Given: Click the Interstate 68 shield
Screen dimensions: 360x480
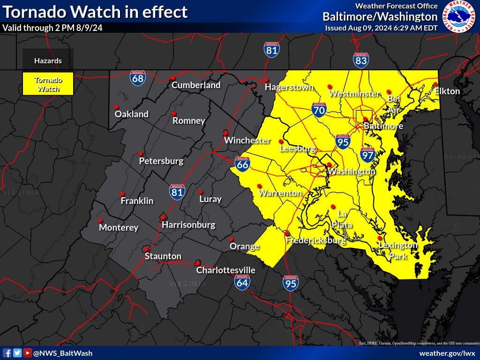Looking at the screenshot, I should click(138, 78).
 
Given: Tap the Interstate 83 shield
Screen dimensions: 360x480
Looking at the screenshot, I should click(361, 60).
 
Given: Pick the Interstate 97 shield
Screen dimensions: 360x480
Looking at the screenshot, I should click(367, 154).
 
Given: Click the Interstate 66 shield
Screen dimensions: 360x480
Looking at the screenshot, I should click(242, 164).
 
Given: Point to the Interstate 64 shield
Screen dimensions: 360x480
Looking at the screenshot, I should click(242, 281).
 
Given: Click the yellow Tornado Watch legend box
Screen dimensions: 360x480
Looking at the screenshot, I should click(48, 83).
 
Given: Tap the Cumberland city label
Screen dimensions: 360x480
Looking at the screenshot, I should click(196, 85).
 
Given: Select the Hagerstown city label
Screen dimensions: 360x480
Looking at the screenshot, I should click(289, 87).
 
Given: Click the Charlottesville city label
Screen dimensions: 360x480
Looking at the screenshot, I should click(225, 270).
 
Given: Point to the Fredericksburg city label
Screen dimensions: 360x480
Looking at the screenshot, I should click(315, 240).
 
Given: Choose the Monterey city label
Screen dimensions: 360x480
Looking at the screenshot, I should click(119, 228).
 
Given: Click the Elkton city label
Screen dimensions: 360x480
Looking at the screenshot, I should click(447, 91).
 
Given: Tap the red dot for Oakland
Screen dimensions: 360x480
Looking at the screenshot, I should click(116, 106).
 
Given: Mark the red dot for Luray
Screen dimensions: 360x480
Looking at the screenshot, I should click(200, 192).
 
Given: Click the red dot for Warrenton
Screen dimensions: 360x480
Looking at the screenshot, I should click(259, 186).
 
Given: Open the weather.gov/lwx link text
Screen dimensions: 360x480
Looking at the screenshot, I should click(447, 353).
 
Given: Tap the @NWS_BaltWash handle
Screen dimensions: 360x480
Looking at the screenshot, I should click(63, 353).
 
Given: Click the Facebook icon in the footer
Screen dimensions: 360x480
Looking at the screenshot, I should click(7, 353).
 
